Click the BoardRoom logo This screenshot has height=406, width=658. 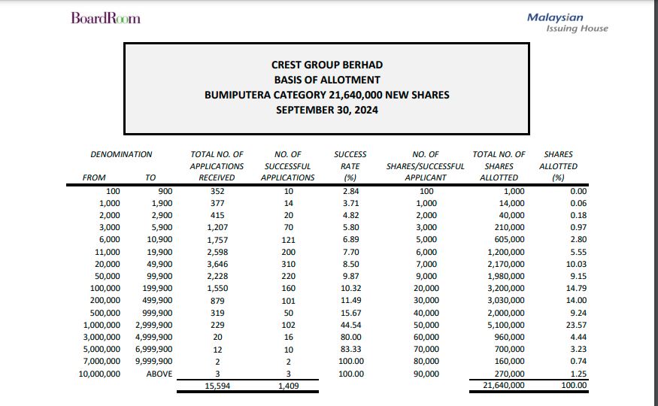coord(105,18)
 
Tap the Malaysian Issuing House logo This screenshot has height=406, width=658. coord(567,23)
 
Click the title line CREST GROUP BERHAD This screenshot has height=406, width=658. coord(326,65)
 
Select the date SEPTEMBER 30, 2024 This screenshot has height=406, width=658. coord(326,110)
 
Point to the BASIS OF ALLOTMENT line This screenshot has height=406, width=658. coord(326,80)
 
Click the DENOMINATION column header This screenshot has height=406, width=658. coord(121,154)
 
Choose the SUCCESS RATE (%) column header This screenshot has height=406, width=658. coord(350,165)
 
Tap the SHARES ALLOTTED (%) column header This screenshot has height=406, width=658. coord(558,165)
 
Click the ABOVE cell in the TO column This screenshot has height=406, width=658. coord(159,374)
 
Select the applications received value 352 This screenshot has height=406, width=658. coord(217,191)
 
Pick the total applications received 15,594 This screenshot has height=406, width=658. coord(217,386)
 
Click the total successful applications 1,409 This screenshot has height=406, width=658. coord(288,386)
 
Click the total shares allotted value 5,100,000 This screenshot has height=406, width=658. coord(506,325)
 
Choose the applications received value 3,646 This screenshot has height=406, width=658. coord(217,264)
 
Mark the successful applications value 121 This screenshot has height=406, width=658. coord(288,240)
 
